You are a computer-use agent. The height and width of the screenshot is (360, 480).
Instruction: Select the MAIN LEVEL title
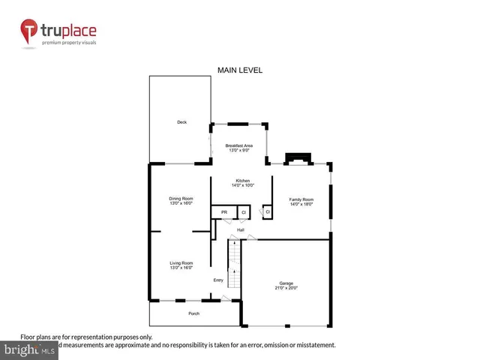point(239,70)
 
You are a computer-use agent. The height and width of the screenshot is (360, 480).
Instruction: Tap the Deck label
point(181,122)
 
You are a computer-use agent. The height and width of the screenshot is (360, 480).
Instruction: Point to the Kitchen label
point(243,181)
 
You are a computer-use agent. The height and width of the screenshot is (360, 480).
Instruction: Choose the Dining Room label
point(181,198)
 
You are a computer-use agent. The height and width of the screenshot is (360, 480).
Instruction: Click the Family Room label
point(301,198)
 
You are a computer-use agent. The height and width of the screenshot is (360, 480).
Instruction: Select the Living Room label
point(181,262)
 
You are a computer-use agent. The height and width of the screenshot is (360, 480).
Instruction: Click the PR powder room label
point(223,213)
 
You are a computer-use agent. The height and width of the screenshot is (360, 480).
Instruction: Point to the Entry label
point(218,280)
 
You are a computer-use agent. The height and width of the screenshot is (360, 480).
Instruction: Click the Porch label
point(193,313)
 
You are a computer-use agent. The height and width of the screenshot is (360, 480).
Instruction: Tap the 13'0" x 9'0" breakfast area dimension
point(239,150)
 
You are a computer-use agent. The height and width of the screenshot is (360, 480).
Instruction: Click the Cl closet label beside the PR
point(243,213)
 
